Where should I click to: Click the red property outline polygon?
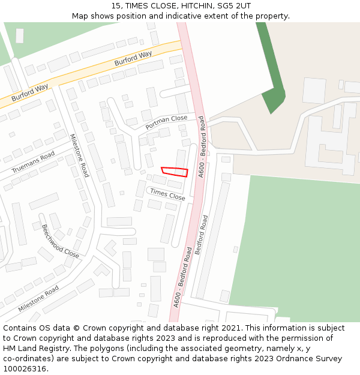(x=175, y=172)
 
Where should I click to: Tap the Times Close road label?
(x=167, y=194)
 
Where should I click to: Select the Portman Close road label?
(x=166, y=122)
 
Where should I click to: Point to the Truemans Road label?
(x=33, y=162)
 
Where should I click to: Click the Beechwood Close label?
(x=60, y=241)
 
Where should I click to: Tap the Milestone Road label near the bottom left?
(x=38, y=298)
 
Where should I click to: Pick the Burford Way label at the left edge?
(x=29, y=92)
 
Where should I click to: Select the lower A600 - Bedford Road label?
(x=182, y=277)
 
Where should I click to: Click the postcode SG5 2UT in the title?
(x=236, y=6)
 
